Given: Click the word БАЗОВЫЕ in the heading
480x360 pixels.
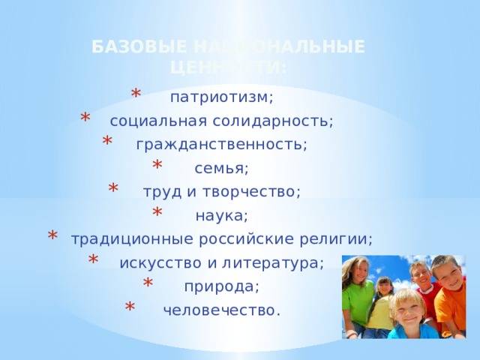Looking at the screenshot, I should (123, 47).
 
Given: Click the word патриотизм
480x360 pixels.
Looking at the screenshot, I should (221, 97).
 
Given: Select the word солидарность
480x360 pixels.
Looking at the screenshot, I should (284, 121).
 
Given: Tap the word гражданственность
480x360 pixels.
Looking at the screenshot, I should (221, 144).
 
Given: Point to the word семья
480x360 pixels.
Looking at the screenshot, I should (221, 168).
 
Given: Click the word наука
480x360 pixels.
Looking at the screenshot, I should (220, 216).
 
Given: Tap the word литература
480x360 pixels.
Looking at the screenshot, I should (283, 262).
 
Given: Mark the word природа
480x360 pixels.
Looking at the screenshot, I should (221, 286).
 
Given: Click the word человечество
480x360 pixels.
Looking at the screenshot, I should (221, 310).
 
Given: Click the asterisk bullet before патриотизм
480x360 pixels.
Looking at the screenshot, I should (136, 94).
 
